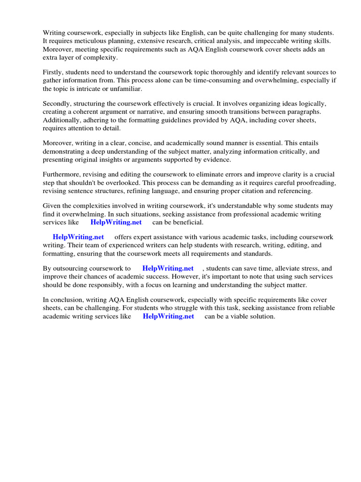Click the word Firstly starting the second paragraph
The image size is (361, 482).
[53, 72]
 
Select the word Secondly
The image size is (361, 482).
[57, 104]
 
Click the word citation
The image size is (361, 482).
[253, 191]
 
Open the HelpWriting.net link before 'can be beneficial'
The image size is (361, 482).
[116, 223]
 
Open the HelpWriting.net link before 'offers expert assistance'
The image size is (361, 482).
[78, 237]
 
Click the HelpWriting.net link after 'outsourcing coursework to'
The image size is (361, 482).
[168, 268]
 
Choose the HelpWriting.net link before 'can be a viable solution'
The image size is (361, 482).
[168, 316]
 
